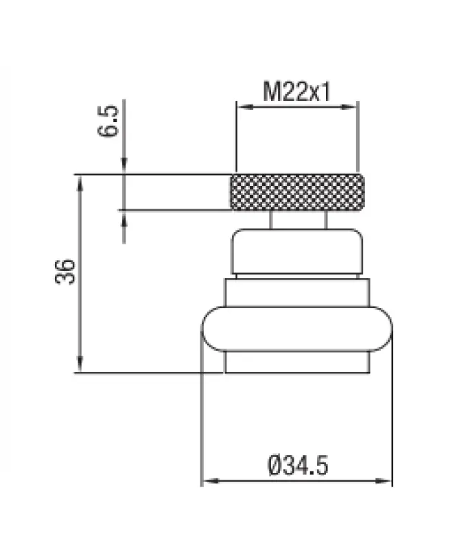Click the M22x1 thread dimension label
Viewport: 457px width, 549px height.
click(296, 91)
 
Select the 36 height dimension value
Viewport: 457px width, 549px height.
click(63, 272)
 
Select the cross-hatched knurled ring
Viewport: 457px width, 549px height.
click(296, 193)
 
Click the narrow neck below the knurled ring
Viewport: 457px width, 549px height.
click(296, 220)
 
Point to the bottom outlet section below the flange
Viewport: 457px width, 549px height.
click(296, 362)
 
